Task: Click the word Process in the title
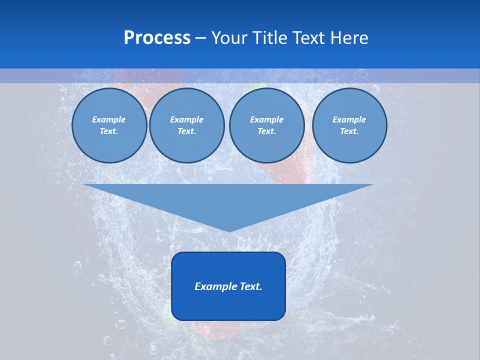pyautogui.click(x=157, y=38)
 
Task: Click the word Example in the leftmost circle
pyautogui.click(x=108, y=119)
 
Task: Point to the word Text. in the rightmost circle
pyautogui.click(x=349, y=131)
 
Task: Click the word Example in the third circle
pyautogui.click(x=266, y=119)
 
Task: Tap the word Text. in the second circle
pyautogui.click(x=186, y=131)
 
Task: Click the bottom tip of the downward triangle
pyautogui.click(x=229, y=231)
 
